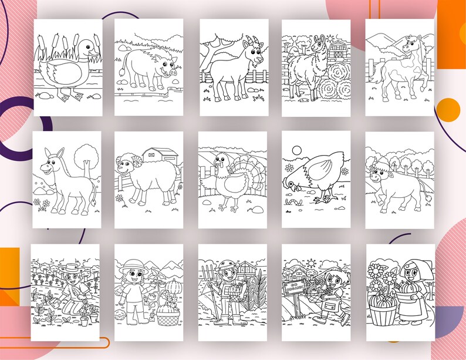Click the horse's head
pyautogui.click(x=409, y=43)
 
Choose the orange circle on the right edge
pyautogui.click(x=449, y=109)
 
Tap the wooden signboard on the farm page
pyautogui.click(x=294, y=288)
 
